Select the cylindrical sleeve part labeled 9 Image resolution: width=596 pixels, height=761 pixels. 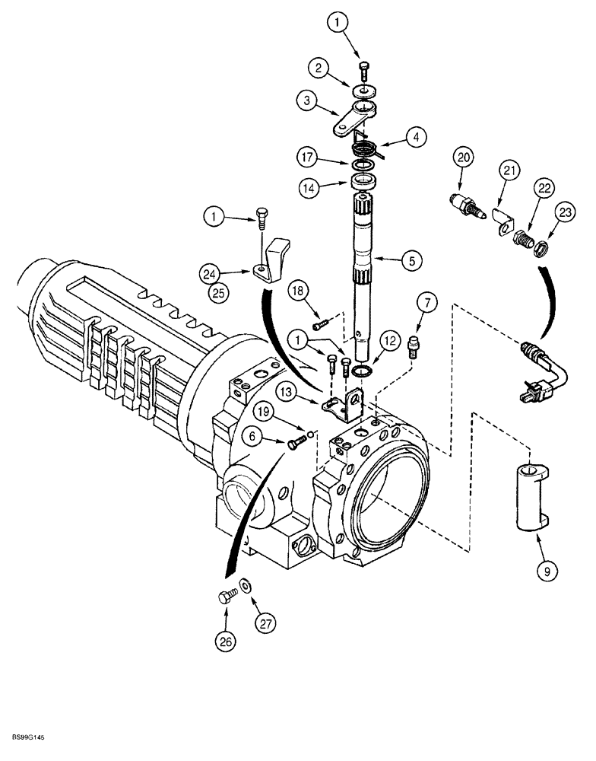pyautogui.click(x=529, y=496)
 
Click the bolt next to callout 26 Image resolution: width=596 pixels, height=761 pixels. pyautogui.click(x=225, y=598)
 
